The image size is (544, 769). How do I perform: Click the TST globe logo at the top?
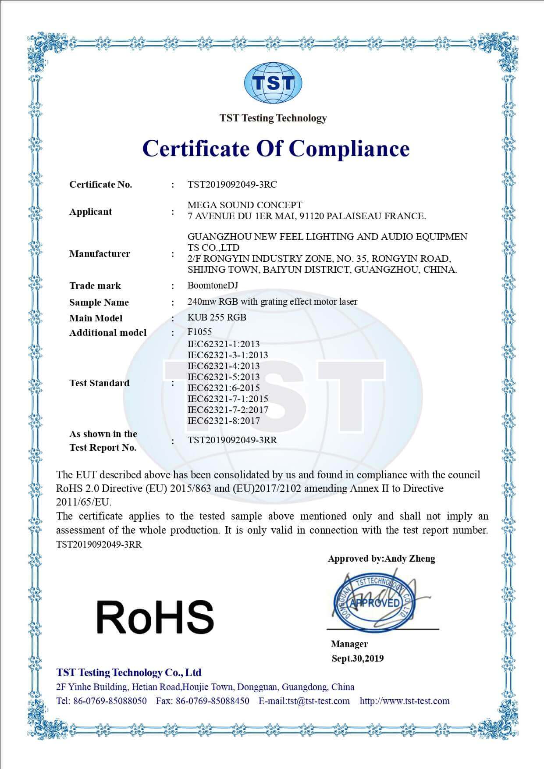point(273,83)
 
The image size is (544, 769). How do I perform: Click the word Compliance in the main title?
point(350,148)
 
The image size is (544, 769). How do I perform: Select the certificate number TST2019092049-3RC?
point(232,185)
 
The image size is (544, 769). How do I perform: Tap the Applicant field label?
point(90,212)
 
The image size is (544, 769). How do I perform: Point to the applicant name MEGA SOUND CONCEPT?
point(245,205)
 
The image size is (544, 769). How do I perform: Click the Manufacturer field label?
point(100,254)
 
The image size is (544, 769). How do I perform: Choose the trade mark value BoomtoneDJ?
point(213,285)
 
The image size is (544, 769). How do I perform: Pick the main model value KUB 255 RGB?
point(217,317)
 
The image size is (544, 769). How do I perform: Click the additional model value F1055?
point(199,332)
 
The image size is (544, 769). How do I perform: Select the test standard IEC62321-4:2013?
point(224,366)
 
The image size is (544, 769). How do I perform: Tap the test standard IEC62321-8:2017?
point(224,421)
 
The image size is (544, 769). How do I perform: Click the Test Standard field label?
point(99,383)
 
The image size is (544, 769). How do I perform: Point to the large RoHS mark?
point(155,617)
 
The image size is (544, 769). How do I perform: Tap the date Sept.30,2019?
point(358,658)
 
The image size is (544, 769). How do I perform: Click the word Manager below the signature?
point(349,644)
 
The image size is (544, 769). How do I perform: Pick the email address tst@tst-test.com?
point(319,701)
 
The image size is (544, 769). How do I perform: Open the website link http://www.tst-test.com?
point(405,701)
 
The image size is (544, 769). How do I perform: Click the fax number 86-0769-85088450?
point(213,701)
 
